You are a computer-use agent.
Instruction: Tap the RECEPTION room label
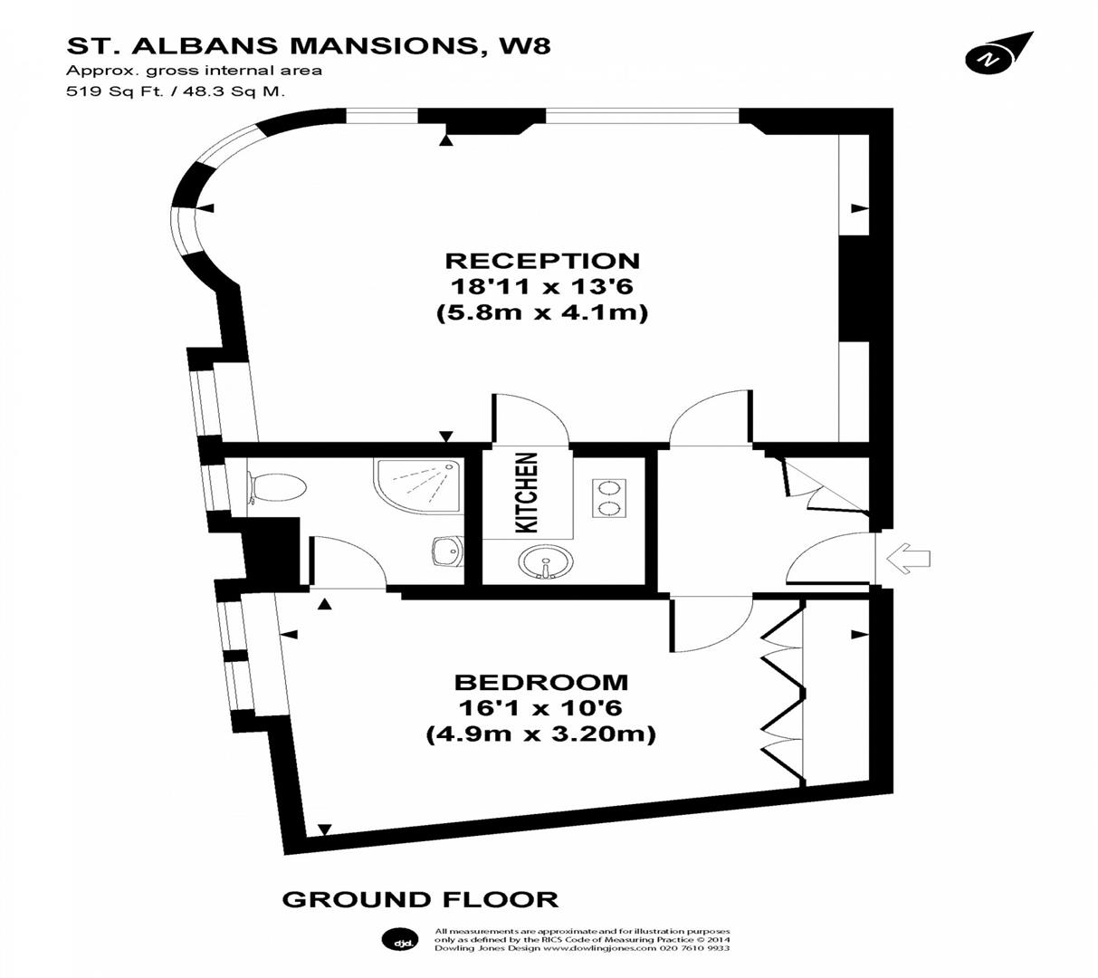pyautogui.click(x=541, y=261)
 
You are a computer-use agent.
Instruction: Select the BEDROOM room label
pyautogui.click(x=540, y=682)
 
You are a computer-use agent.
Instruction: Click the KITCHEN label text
pyautogui.click(x=526, y=493)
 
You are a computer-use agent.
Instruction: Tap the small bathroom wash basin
pyautogui.click(x=446, y=551)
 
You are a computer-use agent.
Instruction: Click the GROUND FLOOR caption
pyautogui.click(x=420, y=899)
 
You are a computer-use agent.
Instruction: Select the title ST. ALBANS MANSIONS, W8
pyautogui.click(x=308, y=45)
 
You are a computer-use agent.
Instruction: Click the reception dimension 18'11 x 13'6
pyautogui.click(x=541, y=287)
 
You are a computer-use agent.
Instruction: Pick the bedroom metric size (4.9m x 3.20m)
pyautogui.click(x=540, y=733)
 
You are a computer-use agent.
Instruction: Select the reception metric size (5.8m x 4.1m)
pyautogui.click(x=541, y=313)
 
